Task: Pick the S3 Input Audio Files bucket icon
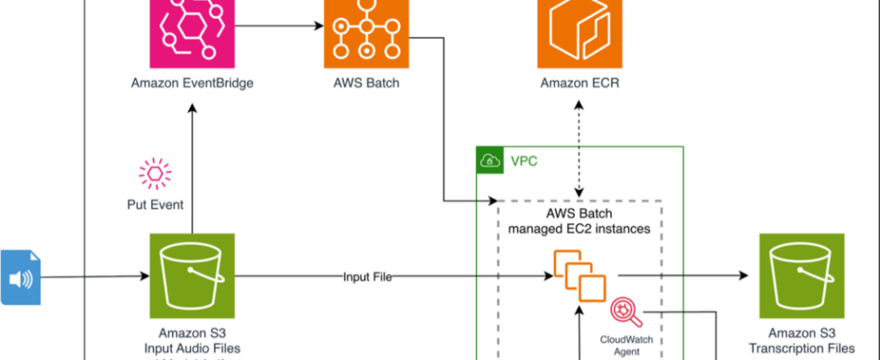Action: pos(192,276)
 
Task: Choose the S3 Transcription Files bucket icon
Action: pos(801,276)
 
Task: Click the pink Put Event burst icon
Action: pos(155,173)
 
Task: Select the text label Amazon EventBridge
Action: pos(192,84)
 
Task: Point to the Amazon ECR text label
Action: pos(579,84)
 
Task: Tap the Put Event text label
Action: pos(155,204)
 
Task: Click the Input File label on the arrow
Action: pos(366,276)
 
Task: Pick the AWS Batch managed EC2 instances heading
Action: pos(579,221)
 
